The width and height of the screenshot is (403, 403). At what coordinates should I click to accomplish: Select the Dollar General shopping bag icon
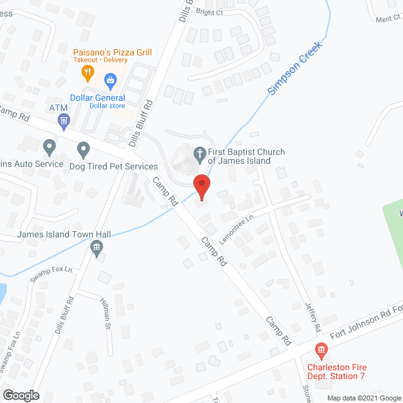(111, 80)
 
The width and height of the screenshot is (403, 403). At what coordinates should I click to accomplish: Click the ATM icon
(62, 120)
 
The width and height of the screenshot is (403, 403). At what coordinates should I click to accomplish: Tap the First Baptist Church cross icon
(200, 153)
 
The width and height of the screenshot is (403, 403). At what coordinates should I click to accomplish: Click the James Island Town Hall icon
(96, 247)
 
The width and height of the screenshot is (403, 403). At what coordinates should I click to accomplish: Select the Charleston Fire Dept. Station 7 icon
(321, 349)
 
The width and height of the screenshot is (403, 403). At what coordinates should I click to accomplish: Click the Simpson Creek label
(295, 69)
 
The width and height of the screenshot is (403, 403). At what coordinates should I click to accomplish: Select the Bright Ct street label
(209, 11)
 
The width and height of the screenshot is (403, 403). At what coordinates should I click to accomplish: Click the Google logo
(20, 395)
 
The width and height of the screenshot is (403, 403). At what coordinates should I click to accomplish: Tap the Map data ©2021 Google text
(363, 397)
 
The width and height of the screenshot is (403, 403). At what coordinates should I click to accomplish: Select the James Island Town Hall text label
(64, 234)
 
